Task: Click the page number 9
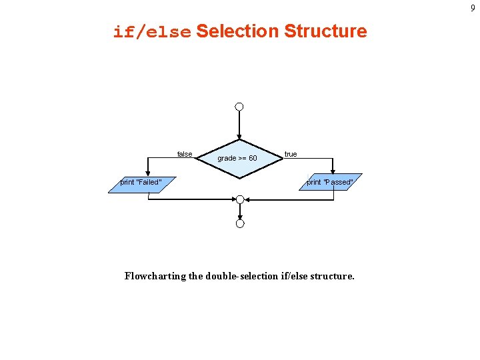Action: pyautogui.click(x=473, y=8)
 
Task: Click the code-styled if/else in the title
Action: pyautogui.click(x=152, y=32)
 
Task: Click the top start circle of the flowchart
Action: pyautogui.click(x=239, y=107)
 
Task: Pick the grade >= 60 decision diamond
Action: pyautogui.click(x=239, y=158)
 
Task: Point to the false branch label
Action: pyautogui.click(x=185, y=154)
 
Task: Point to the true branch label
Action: pyautogui.click(x=291, y=154)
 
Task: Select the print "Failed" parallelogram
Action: pyautogui.click(x=141, y=182)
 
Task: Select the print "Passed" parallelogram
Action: pyautogui.click(x=330, y=182)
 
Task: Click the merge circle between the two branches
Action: pyautogui.click(x=240, y=199)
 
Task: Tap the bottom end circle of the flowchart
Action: pyautogui.click(x=240, y=223)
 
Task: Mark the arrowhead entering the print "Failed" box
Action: pyautogui.click(x=148, y=172)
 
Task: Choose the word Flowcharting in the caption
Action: pyautogui.click(x=155, y=276)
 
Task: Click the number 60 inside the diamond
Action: pyautogui.click(x=253, y=158)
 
